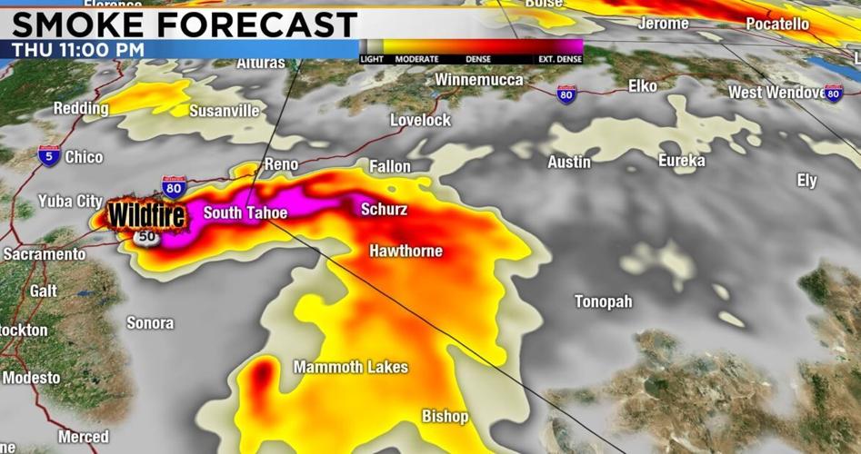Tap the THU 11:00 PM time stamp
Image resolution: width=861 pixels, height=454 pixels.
78,50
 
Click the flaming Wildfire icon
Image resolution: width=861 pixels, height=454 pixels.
146,216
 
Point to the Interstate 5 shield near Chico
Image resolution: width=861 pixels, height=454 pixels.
49,156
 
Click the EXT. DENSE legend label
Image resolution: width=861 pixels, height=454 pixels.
560,60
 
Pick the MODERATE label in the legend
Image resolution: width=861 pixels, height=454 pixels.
417,60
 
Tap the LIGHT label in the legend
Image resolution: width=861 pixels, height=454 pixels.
372,60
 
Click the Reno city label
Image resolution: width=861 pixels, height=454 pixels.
280,164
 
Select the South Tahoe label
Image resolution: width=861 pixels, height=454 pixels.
245,213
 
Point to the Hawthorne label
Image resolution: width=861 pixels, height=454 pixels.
405,251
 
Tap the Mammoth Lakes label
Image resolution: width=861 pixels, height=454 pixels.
350,367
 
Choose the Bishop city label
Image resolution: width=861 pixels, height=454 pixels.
445,417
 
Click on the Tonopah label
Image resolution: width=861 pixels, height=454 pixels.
603,301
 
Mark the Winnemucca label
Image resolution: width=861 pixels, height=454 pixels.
478,80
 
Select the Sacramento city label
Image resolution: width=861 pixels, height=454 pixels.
44,254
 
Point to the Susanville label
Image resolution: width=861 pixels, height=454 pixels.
224,111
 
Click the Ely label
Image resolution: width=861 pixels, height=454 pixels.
806,181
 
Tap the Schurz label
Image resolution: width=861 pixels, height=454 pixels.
384,210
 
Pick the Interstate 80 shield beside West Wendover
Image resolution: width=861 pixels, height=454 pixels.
833,93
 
